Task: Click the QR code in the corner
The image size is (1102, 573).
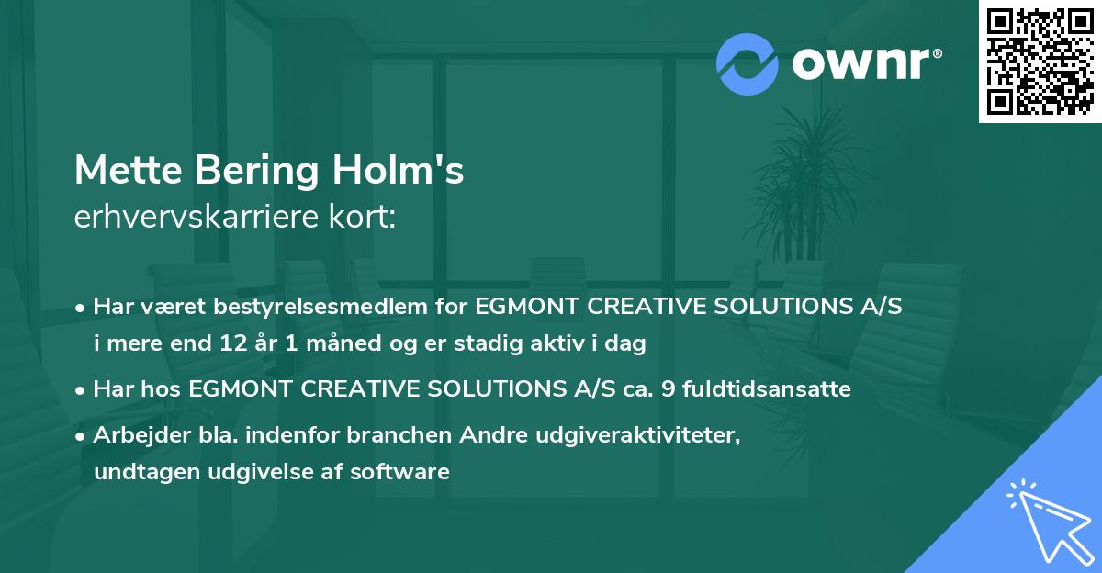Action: pyautogui.click(x=1040, y=62)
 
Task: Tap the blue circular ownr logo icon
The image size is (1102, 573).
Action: pyautogui.click(x=747, y=62)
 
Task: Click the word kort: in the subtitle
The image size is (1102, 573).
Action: pyautogui.click(x=364, y=218)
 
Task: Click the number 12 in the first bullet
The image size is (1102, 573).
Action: pyautogui.click(x=233, y=344)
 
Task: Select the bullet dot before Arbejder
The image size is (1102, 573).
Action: pyautogui.click(x=82, y=436)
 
